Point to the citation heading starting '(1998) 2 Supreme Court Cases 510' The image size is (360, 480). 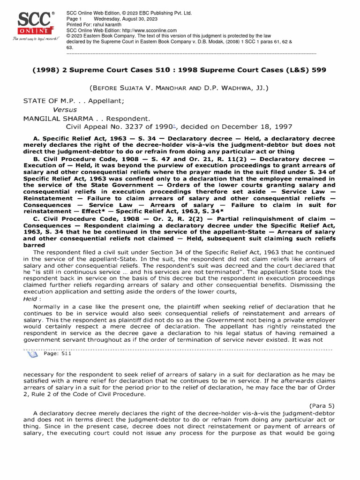pyautogui.click(x=179, y=70)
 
